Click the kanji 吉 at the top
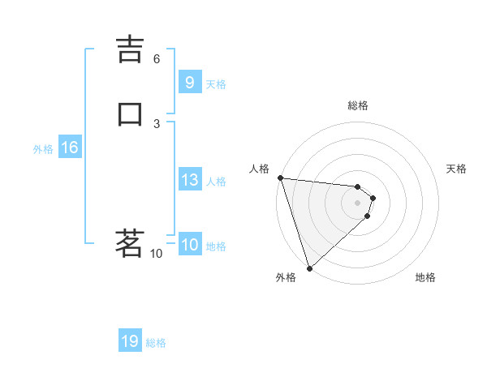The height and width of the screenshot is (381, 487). pos(130,50)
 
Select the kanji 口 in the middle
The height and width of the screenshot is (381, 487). pos(130,114)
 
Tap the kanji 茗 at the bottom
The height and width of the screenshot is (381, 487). pos(130,243)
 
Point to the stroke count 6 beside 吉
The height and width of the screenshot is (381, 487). pos(157,58)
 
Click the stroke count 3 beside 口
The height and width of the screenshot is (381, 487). pos(157,123)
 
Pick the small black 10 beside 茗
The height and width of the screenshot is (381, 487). pos(157,254)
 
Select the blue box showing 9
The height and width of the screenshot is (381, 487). pos(189,83)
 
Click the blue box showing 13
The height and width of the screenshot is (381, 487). pos(189,180)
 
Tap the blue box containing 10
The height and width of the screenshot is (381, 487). pos(189,245)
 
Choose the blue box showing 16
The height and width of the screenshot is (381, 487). pos(69,148)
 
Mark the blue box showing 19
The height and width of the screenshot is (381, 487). pos(130,341)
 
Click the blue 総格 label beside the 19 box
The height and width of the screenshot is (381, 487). pos(156,343)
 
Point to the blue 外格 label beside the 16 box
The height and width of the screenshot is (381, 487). pos(43,149)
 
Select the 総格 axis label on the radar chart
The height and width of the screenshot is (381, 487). pos(357,105)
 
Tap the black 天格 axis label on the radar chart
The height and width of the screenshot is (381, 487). pos(456,169)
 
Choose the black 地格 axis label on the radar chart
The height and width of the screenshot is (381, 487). pos(425,277)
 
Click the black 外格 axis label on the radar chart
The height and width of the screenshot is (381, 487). pos(286,277)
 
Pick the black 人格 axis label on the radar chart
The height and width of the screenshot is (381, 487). pos(259,169)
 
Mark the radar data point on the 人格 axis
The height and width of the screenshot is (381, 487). pos(279,178)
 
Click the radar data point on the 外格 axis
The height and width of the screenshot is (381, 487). pos(309,268)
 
